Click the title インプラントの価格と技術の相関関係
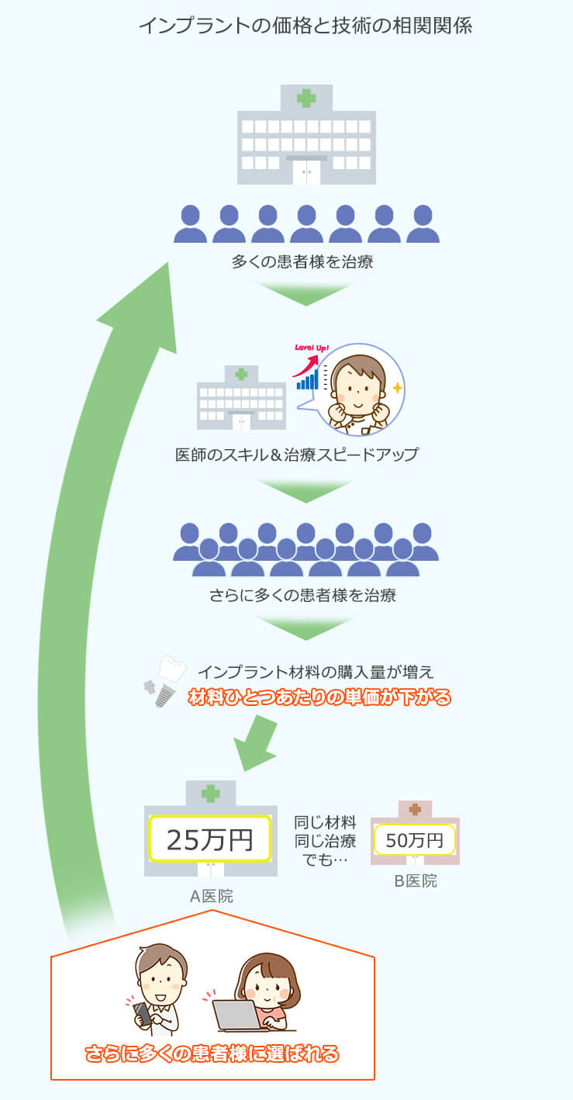click(305, 26)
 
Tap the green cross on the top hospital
click(306, 98)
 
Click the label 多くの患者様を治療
click(302, 262)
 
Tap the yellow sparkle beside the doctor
click(397, 387)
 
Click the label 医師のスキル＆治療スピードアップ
click(297, 455)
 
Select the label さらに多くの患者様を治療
click(302, 596)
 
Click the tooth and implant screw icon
click(164, 680)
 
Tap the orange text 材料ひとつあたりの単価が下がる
click(319, 697)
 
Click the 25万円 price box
click(210, 839)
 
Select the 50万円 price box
click(415, 839)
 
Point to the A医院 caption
click(211, 897)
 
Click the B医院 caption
click(416, 881)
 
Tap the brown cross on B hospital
click(415, 809)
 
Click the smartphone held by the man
click(143, 1013)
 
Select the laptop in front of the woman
click(237, 1015)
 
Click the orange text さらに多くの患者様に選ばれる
click(212, 1053)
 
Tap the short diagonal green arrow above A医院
click(257, 743)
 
